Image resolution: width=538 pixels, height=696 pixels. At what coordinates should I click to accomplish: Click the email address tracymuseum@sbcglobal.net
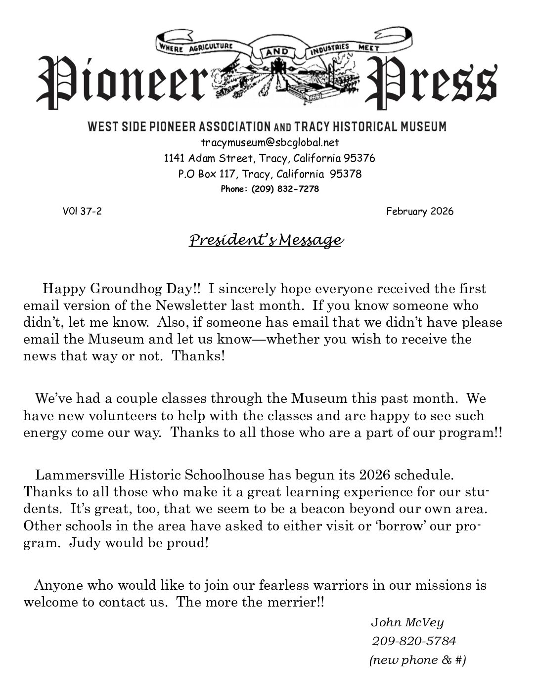(x=269, y=142)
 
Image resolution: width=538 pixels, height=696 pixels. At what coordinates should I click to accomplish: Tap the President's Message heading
(x=266, y=240)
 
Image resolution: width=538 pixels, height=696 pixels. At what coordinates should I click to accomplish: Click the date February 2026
(x=420, y=212)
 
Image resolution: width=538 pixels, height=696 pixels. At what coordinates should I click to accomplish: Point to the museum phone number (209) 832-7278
(x=285, y=189)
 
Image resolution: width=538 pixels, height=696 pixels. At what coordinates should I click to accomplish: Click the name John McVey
(x=407, y=622)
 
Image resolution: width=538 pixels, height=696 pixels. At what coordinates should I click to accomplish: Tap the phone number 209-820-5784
(x=413, y=641)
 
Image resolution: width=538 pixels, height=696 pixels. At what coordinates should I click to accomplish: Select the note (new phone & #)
(x=417, y=660)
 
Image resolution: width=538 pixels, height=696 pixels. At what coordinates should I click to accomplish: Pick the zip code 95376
(x=359, y=158)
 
